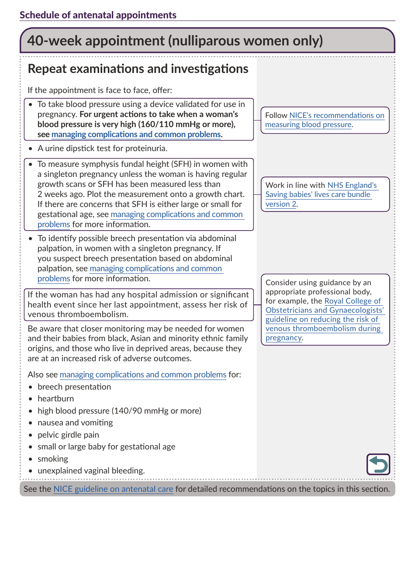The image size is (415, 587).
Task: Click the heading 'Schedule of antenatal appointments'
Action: pyautogui.click(x=98, y=15)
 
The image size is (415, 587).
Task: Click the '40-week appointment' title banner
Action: pyautogui.click(x=175, y=41)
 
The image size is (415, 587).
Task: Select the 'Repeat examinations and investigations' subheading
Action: pyautogui.click(x=138, y=69)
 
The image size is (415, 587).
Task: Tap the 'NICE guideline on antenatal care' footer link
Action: pyautogui.click(x=113, y=489)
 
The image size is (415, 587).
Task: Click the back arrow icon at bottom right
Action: pyautogui.click(x=378, y=464)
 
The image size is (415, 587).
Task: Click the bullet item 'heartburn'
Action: pyautogui.click(x=55, y=399)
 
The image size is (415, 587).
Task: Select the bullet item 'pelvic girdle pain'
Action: pyautogui.click(x=68, y=435)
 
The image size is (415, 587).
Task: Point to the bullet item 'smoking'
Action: pyautogui.click(x=53, y=459)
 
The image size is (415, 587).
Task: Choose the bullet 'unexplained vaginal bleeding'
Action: pyautogui.click(x=91, y=471)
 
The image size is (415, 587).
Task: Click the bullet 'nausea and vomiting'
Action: pyautogui.click(x=75, y=423)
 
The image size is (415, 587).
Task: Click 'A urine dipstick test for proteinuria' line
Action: pyautogui.click(x=102, y=148)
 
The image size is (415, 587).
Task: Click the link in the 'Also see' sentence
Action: pyautogui.click(x=143, y=375)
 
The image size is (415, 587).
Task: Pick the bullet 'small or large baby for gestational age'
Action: pyautogui.click(x=106, y=447)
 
